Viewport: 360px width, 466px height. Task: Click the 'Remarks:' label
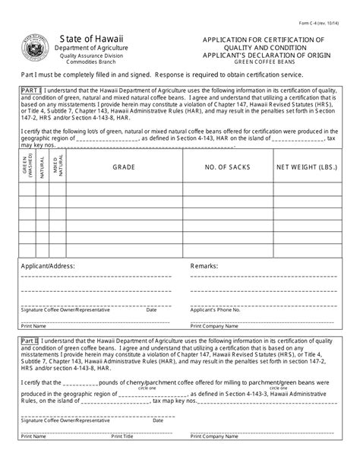pyautogui.click(x=204, y=268)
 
